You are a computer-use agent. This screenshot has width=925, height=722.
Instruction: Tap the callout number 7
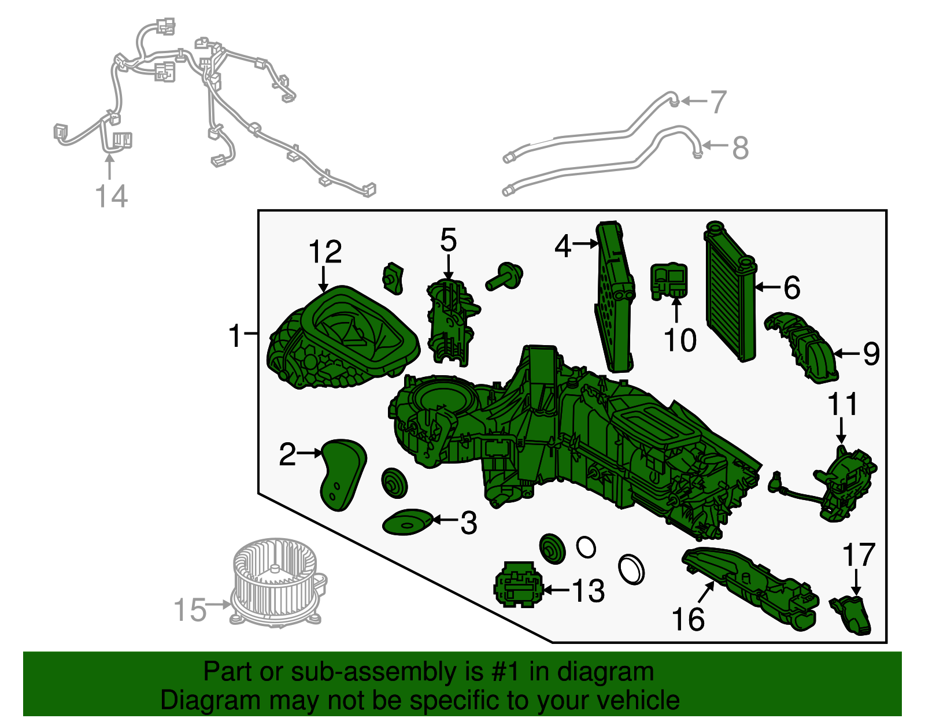718,102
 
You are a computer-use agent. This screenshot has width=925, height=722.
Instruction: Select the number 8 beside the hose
740,147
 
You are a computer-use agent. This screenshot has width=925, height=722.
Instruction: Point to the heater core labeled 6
730,291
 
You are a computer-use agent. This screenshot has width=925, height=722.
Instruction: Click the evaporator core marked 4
615,297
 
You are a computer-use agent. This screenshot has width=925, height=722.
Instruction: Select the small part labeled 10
669,281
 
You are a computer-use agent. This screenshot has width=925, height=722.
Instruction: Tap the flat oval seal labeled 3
408,522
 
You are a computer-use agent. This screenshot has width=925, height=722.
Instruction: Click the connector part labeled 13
518,584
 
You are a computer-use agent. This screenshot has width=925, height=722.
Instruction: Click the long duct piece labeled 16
750,589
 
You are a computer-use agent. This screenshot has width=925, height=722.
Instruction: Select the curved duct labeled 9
800,347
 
